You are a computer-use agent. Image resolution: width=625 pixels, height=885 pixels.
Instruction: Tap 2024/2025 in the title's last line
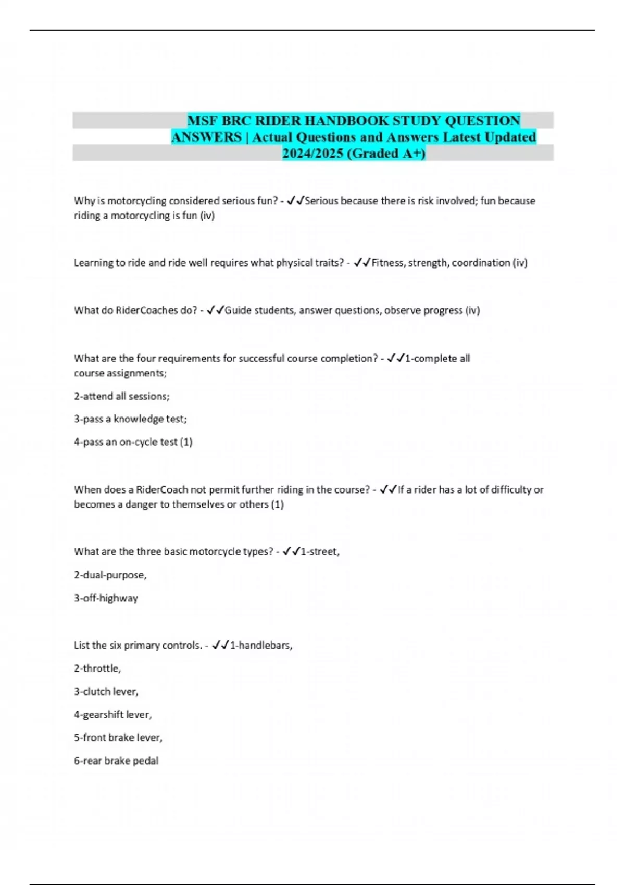point(312,154)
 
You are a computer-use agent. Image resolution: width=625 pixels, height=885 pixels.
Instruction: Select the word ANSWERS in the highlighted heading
point(206,137)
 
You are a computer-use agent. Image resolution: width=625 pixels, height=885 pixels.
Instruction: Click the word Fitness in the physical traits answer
point(387,263)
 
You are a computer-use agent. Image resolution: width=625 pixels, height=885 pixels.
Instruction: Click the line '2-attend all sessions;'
point(122,396)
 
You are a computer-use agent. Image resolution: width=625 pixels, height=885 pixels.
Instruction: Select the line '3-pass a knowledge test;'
point(130,419)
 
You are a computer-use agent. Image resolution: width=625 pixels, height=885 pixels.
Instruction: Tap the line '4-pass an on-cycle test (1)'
point(133,442)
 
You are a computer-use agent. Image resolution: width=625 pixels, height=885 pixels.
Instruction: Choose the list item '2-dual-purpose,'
point(110,575)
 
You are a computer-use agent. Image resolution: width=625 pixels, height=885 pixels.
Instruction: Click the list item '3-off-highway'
point(106,598)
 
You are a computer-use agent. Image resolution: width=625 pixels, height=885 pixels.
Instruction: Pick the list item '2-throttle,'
point(97,668)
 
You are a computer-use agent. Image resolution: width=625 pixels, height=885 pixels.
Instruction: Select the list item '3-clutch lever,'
point(106,692)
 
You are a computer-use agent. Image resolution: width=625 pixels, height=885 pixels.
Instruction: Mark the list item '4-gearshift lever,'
point(113,715)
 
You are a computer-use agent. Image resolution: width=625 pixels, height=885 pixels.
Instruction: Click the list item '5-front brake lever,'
point(118,738)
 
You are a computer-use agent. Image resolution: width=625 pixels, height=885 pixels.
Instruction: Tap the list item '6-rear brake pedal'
point(116,761)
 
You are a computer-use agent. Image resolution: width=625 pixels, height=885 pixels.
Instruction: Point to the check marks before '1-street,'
point(291,552)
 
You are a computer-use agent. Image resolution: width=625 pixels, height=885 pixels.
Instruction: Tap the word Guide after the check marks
point(238,311)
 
